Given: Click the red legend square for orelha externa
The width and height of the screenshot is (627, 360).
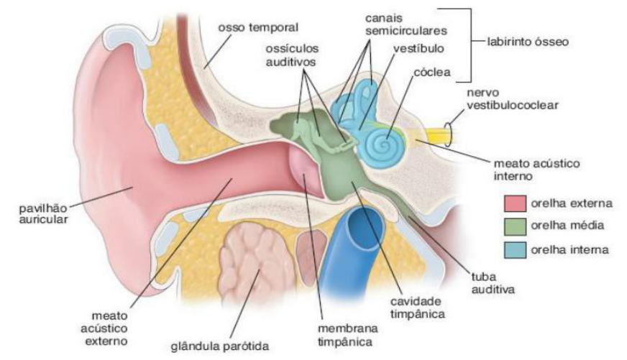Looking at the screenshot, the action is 516,203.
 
